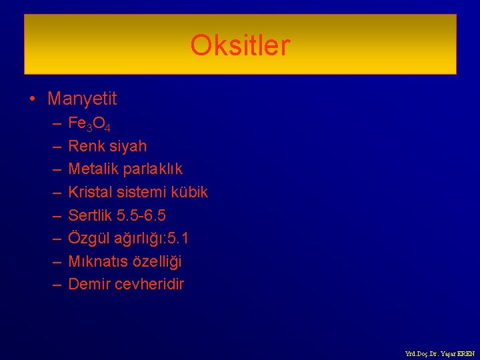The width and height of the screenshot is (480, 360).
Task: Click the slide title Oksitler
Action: [240, 46]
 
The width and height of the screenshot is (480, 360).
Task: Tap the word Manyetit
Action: [82, 99]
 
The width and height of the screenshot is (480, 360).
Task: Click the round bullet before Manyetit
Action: [32, 100]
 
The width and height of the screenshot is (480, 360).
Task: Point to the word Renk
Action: [85, 146]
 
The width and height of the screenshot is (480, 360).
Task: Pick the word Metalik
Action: [92, 169]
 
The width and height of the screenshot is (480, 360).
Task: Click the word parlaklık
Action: [151, 169]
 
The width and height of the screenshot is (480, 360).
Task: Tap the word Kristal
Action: [91, 193]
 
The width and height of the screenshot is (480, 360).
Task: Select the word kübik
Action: [189, 193]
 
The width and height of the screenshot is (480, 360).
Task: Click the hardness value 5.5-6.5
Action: [140, 215]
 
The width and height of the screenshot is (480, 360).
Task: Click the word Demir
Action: [89, 284]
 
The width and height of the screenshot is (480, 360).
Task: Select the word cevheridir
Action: [149, 284]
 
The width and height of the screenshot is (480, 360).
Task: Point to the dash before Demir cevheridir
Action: [56, 285]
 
